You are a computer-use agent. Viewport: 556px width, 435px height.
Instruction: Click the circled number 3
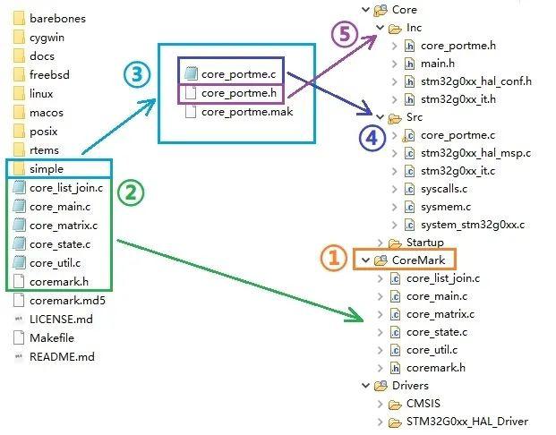pos(137,74)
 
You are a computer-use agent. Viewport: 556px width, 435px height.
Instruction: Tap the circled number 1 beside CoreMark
pos(333,258)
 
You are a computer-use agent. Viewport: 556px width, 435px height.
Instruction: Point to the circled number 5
pos(345,34)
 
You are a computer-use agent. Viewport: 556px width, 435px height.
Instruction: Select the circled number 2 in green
pos(131,192)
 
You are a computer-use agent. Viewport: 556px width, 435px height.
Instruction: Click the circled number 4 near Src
pos(372,138)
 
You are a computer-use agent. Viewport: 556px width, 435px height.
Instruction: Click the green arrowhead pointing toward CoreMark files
pos(355,316)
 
